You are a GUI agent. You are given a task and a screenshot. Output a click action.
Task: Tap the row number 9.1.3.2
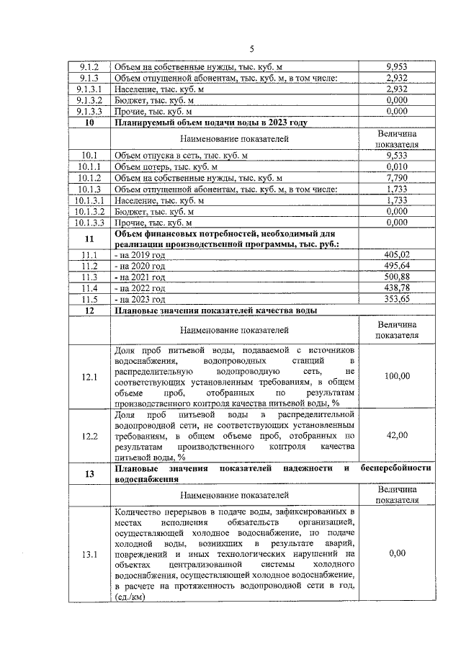click(89, 101)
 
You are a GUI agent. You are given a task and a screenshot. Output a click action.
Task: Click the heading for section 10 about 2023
click(210, 123)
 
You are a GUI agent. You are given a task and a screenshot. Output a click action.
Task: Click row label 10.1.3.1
click(89, 200)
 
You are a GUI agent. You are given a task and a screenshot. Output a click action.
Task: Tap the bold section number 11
click(89, 239)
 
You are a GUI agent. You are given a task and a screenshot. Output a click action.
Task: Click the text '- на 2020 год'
click(140, 266)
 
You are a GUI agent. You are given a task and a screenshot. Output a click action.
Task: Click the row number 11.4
click(89, 288)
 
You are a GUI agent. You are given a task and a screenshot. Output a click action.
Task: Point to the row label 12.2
click(89, 436)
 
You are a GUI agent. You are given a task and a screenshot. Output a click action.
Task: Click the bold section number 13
click(89, 473)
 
